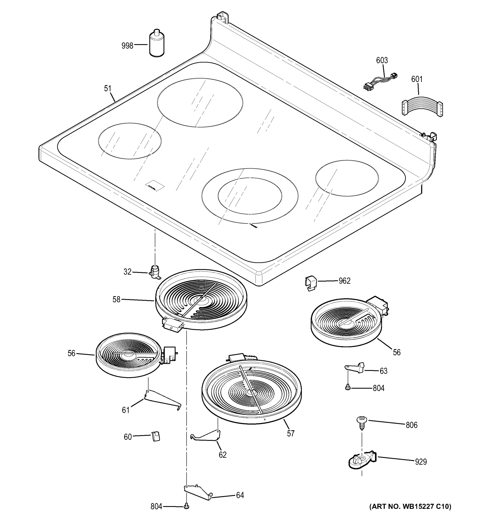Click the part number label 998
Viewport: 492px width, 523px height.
click(x=127, y=46)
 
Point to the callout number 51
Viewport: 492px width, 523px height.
click(x=108, y=89)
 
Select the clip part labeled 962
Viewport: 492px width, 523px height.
click(x=311, y=283)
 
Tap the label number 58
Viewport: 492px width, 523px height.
click(x=117, y=299)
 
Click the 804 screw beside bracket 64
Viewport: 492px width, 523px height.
click(x=187, y=506)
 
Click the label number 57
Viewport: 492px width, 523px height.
click(x=291, y=433)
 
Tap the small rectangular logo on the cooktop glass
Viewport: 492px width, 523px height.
click(x=155, y=185)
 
